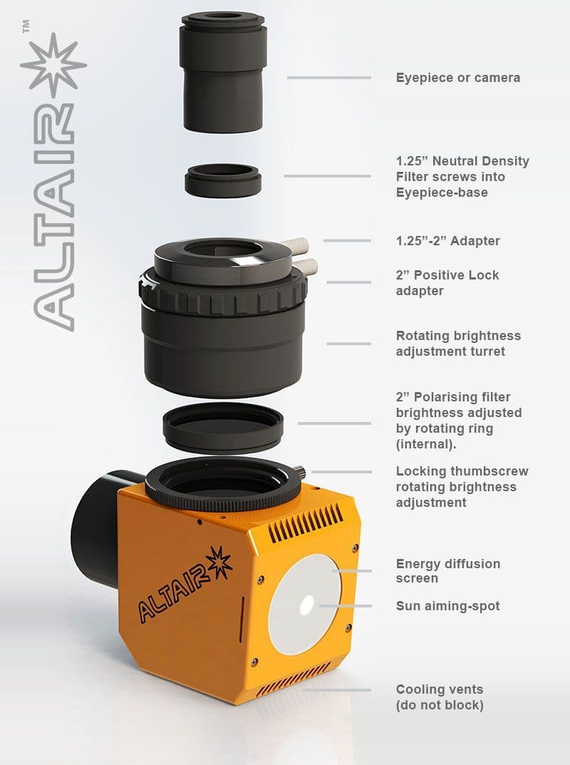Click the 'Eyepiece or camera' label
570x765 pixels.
[x=458, y=78]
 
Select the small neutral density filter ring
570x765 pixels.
[x=223, y=180]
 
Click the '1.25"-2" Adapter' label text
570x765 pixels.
[x=447, y=240]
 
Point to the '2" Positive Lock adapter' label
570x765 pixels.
[x=447, y=283]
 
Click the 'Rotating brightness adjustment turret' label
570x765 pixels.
[x=458, y=344]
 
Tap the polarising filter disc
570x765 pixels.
[x=223, y=428]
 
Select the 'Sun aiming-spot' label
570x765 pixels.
[x=447, y=606]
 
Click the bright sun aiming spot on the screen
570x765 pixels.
[x=306, y=605]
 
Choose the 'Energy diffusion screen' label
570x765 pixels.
[x=447, y=571]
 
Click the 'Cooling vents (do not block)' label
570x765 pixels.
[x=440, y=697]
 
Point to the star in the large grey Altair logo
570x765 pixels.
[x=53, y=65]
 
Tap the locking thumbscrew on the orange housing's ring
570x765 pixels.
[x=300, y=472]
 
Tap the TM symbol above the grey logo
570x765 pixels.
[x=26, y=26]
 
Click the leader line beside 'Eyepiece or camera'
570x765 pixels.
[x=329, y=78]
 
